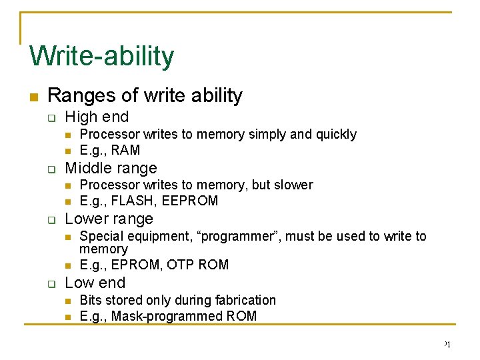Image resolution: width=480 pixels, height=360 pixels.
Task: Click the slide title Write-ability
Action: point(101,56)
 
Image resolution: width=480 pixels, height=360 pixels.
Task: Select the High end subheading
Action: point(97,117)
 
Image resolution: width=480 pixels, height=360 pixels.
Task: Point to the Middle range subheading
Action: point(111,168)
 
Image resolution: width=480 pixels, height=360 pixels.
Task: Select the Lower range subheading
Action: point(109,219)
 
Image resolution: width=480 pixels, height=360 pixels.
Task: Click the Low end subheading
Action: point(95,283)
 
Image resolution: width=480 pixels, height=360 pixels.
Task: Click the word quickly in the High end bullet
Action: point(334,135)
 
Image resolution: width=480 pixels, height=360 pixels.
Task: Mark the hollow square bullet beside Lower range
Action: point(51,219)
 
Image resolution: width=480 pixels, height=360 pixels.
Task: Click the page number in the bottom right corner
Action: point(447,344)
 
